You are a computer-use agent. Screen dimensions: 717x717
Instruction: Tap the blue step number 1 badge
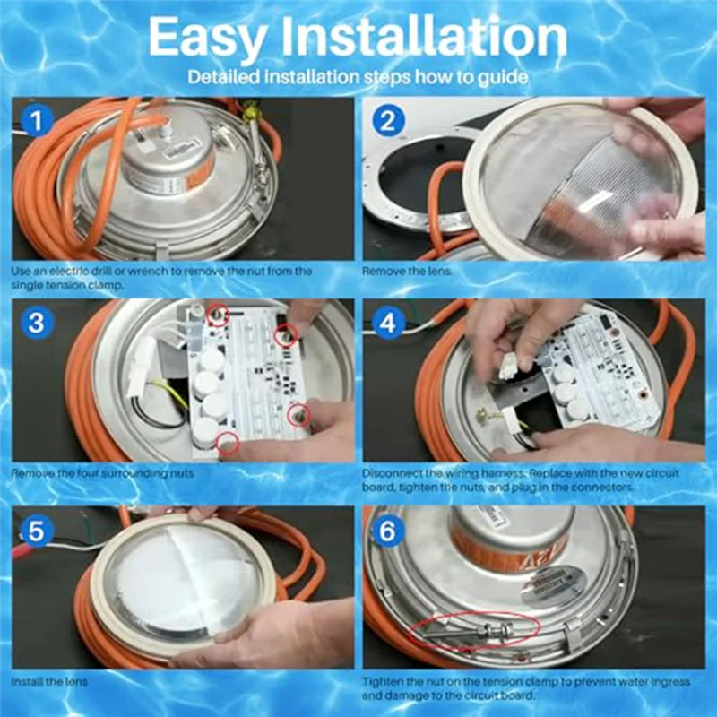35,121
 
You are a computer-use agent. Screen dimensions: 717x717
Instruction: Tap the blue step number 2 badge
386,121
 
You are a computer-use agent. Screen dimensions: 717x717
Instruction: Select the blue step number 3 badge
35,323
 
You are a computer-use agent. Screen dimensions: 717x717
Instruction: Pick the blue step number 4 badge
386,323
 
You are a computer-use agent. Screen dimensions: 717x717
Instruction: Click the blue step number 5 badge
35,530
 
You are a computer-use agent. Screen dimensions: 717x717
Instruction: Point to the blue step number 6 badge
386,530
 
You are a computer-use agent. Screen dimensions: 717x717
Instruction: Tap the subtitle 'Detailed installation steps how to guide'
357,77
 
